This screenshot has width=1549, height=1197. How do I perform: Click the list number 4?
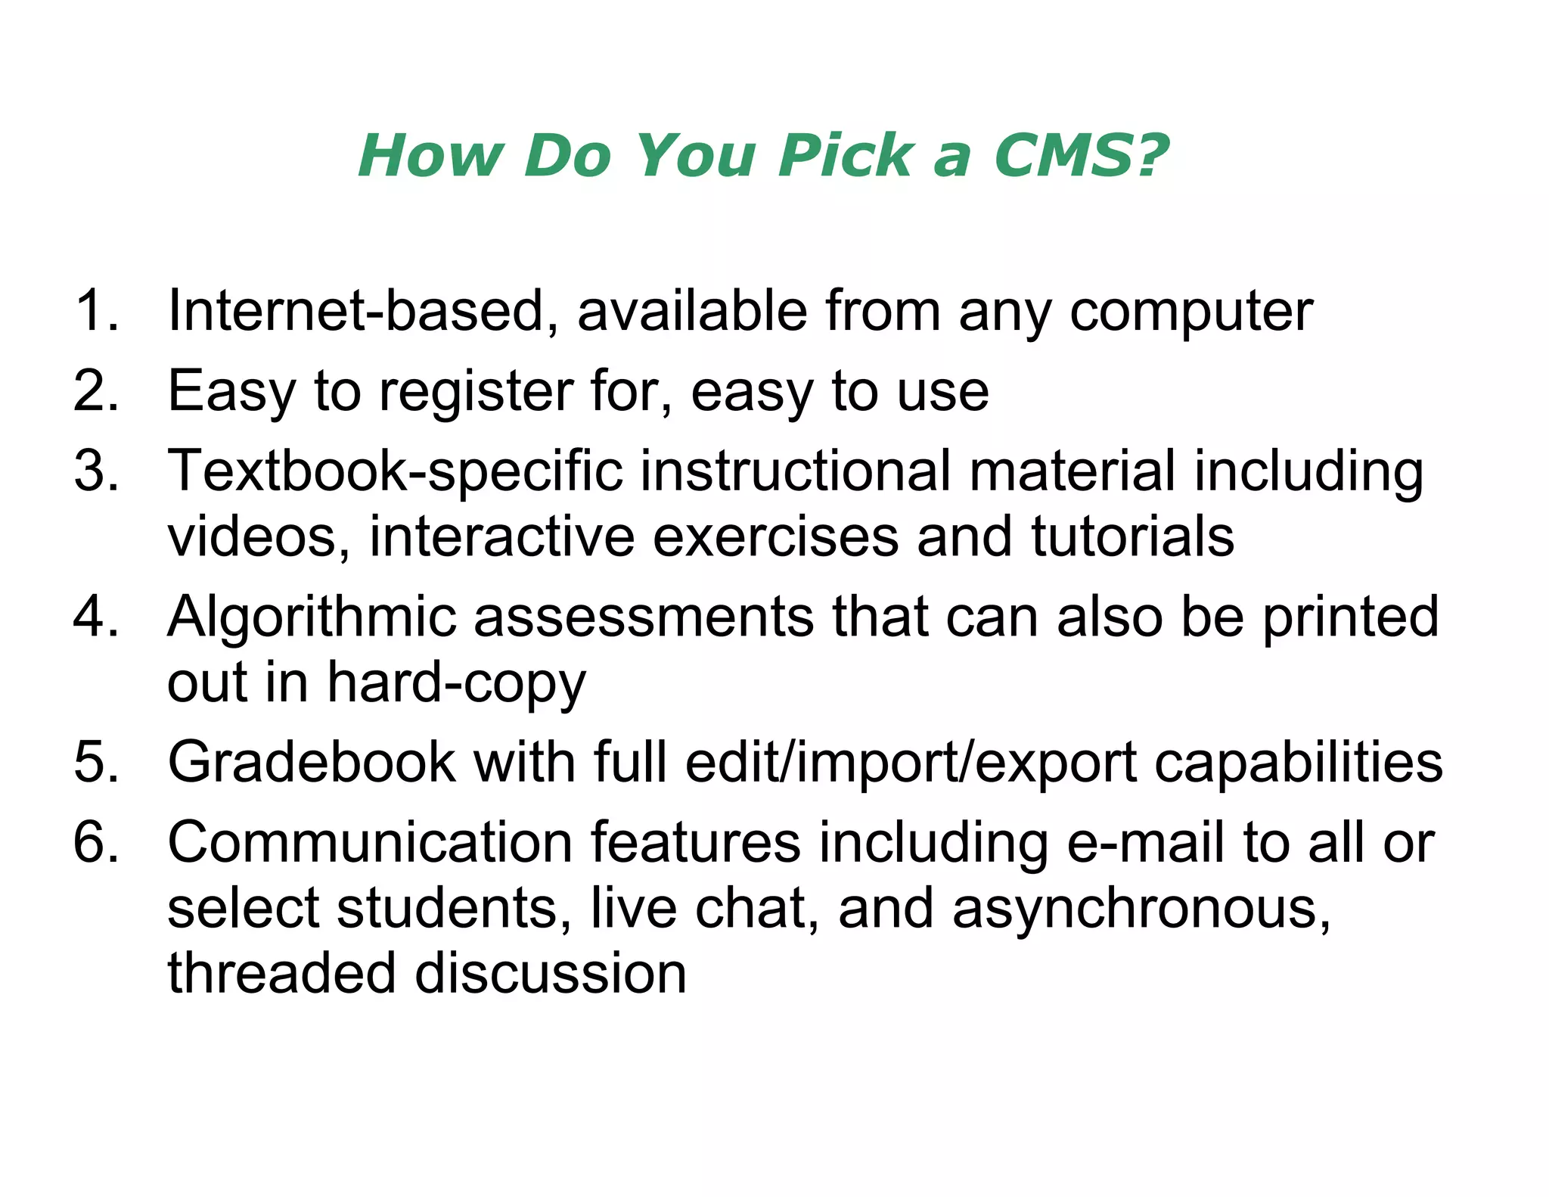coord(95,617)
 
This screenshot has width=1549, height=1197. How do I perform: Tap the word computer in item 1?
coord(1190,312)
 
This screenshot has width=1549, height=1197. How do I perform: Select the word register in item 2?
coord(476,392)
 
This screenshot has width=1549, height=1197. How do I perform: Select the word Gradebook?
coord(311,761)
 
